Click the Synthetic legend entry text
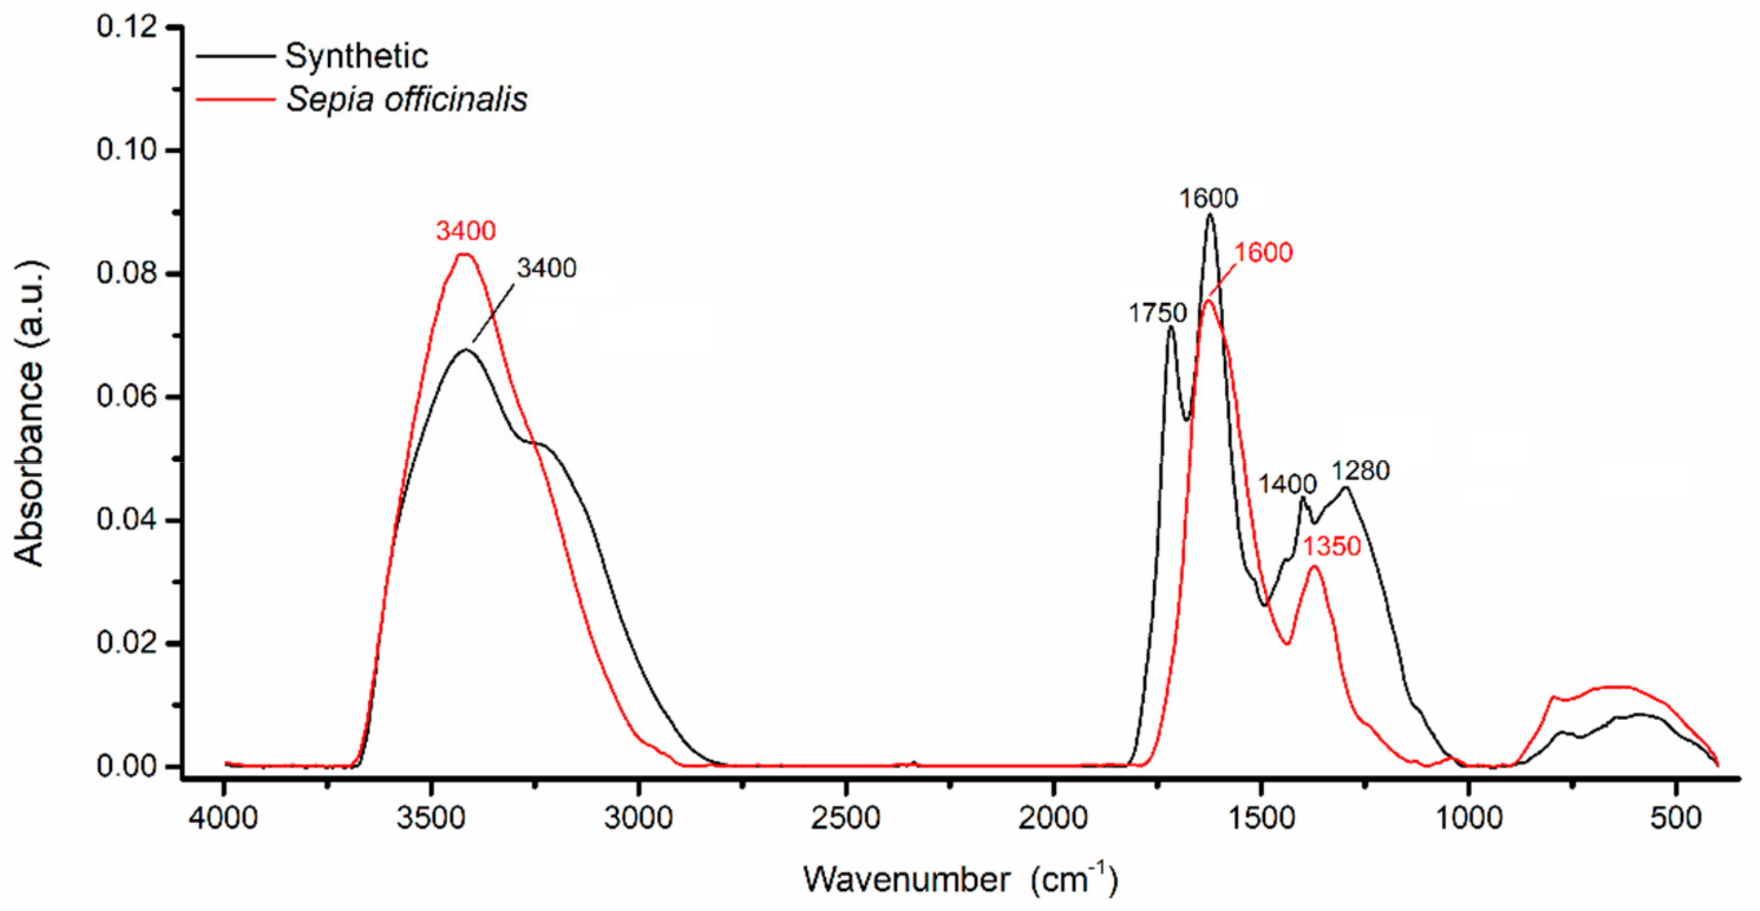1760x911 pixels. (x=356, y=56)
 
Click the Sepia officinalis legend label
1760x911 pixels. (x=406, y=100)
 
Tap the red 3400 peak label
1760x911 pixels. (x=466, y=231)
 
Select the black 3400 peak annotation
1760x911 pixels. (x=546, y=268)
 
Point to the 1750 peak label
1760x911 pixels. (x=1157, y=313)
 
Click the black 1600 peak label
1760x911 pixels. (x=1208, y=198)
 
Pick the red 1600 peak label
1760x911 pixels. (x=1262, y=253)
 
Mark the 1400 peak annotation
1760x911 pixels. (x=1286, y=485)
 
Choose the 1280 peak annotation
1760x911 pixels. (x=1360, y=471)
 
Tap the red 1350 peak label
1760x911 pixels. (x=1331, y=547)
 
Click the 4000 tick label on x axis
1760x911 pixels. (x=223, y=817)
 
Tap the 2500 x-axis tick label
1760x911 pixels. (x=845, y=817)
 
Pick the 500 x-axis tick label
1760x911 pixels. (x=1675, y=817)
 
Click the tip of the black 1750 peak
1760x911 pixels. (x=1171, y=327)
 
